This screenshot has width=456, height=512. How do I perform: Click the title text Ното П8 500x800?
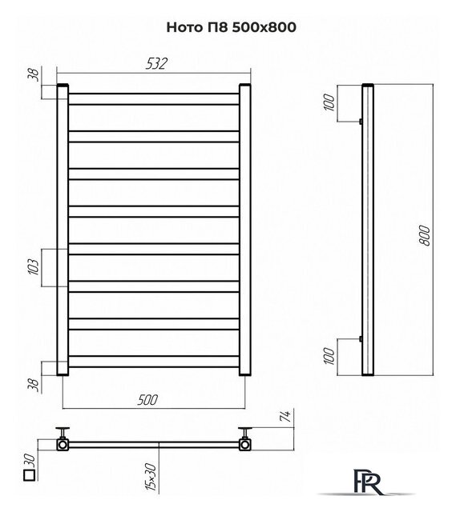point(232,27)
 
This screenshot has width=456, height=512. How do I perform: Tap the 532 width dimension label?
point(156,64)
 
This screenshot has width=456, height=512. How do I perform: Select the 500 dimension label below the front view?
point(147,400)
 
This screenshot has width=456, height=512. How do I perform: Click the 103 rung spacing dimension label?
point(34,267)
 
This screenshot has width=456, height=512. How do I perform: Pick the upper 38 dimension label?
point(34,74)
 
